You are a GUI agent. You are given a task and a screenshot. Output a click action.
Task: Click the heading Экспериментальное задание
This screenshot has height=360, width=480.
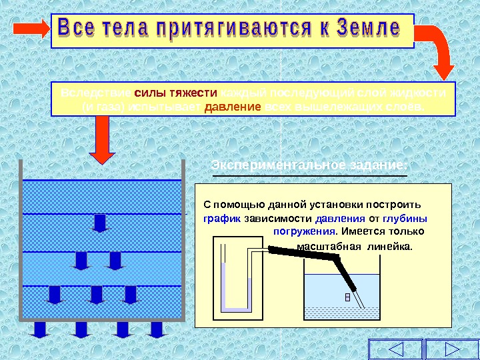(x=309, y=165)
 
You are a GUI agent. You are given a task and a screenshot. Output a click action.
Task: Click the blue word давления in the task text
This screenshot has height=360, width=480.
(x=340, y=218)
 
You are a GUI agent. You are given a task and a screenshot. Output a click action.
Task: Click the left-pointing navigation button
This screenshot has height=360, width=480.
(x=395, y=349)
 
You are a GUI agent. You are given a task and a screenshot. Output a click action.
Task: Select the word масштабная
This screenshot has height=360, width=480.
(x=323, y=246)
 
